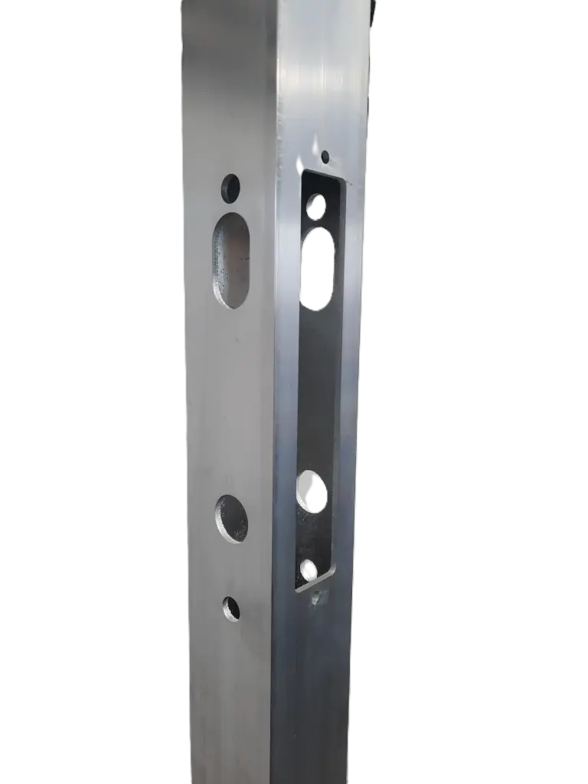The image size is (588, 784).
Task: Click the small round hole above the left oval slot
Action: (x=230, y=185)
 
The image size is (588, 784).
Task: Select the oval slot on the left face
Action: (x=231, y=260)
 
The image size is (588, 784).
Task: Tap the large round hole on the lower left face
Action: (x=231, y=518)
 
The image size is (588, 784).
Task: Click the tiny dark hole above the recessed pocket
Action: (x=325, y=156)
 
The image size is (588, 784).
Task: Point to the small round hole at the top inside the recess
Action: (x=316, y=205)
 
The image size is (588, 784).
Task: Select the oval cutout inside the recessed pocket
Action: (x=318, y=268)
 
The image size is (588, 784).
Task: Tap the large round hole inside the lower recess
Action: (x=312, y=491)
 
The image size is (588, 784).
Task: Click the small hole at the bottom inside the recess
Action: (x=309, y=569)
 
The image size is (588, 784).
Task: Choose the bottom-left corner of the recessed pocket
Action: (x=296, y=590)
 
